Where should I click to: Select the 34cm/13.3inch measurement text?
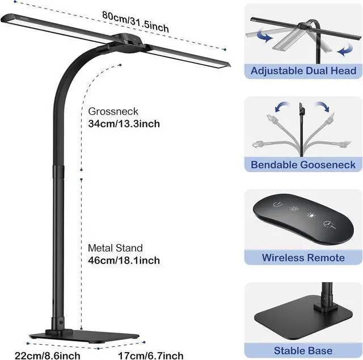[124, 123]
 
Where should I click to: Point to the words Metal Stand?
[115, 248]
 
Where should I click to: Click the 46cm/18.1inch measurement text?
[124, 260]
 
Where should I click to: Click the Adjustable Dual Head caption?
[303, 71]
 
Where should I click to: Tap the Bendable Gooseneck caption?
[303, 165]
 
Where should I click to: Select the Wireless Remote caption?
[303, 257]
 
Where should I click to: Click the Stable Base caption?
[303, 350]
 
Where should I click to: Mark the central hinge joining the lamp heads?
[124, 41]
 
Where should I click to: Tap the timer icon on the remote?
[328, 224]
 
